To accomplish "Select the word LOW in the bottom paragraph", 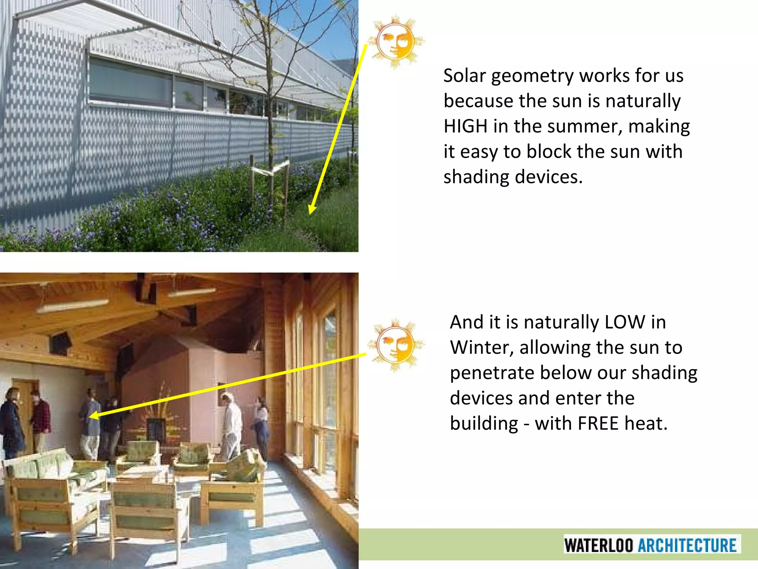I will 624,322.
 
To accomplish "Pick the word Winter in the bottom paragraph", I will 481,348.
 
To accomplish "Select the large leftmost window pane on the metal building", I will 130,83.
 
